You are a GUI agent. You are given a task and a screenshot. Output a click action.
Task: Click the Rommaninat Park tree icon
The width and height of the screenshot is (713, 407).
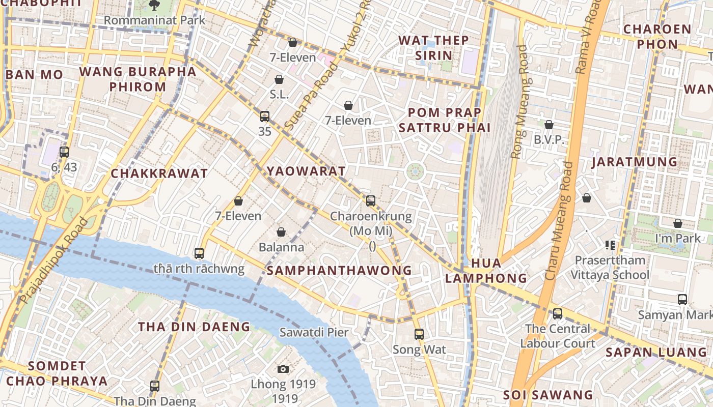point(154,5)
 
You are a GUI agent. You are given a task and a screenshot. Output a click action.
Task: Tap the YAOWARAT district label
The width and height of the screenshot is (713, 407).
point(306,171)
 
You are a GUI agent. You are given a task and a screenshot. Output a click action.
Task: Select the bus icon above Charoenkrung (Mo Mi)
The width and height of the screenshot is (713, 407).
point(371,201)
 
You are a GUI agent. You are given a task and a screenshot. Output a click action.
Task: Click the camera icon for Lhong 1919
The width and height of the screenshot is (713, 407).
point(284,369)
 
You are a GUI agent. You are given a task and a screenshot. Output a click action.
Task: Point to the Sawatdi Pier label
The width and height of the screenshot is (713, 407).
point(314,333)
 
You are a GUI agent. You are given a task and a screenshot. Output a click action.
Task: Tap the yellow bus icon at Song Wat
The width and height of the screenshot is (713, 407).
point(419,334)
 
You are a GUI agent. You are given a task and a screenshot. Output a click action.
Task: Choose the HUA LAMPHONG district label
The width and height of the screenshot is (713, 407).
point(486,271)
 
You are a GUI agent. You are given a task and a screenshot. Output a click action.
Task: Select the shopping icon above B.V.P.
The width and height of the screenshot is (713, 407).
point(549,125)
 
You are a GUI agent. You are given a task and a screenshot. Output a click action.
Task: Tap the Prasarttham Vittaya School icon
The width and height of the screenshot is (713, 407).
point(610,245)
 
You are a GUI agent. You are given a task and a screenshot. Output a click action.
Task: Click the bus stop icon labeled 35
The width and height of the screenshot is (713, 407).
point(264,116)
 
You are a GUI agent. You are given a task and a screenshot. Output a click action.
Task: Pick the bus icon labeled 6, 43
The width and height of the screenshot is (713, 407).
point(64,152)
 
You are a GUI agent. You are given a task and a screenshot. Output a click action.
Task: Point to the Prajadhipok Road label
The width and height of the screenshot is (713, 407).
point(53,260)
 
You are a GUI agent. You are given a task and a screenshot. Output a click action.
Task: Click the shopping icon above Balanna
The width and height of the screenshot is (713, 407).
point(281,232)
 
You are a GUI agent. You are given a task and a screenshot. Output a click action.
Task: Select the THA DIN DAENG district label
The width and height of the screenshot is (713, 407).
point(194,327)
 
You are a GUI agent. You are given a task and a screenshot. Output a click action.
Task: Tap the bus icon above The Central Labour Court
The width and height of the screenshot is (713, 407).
point(558,313)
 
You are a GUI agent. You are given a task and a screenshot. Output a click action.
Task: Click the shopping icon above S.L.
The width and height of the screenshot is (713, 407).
point(279,79)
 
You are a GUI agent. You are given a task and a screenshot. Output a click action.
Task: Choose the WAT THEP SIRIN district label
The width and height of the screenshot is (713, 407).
point(433,48)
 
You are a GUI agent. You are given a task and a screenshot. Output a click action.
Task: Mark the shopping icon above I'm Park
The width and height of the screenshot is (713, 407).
point(678,223)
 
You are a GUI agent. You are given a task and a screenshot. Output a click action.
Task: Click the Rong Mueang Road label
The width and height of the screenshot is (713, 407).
point(520,102)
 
